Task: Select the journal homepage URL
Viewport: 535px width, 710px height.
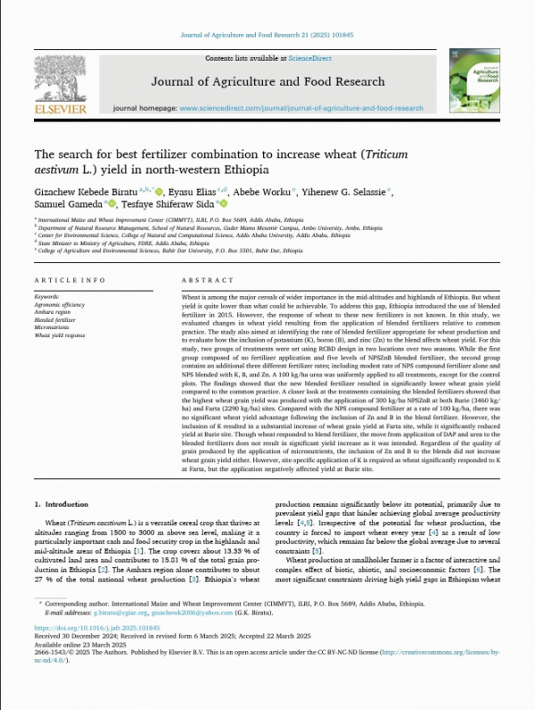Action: [x=301, y=107]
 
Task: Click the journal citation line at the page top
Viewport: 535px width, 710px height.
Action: [x=267, y=33]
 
